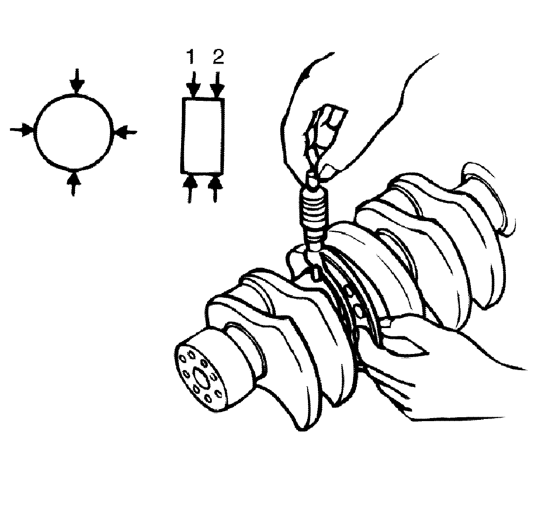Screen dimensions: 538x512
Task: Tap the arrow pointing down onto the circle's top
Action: (77, 81)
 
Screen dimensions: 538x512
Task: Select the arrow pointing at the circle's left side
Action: (22, 130)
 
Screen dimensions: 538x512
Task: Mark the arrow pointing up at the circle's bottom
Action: (74, 182)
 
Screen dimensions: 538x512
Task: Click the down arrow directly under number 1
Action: (194, 84)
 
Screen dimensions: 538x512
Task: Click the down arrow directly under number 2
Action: (217, 84)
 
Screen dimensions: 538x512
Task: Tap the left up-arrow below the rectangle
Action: (190, 188)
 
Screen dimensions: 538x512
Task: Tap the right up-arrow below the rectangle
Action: (215, 188)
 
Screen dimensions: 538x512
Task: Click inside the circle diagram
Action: (74, 131)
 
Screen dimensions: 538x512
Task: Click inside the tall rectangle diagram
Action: (203, 135)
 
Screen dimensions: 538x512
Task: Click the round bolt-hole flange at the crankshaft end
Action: (201, 378)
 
